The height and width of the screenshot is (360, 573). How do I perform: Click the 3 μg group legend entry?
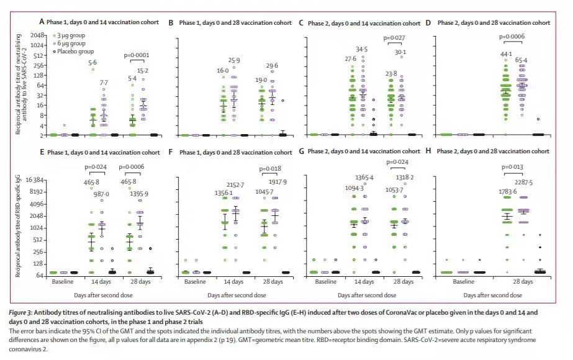[70, 36]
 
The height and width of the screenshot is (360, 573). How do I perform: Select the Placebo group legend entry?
[74, 52]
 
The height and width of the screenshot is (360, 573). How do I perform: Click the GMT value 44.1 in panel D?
[496, 53]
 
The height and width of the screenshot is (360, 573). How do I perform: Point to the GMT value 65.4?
[525, 60]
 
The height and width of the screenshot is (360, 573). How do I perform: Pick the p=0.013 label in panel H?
[514, 166]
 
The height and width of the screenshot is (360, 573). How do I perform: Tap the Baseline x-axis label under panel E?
[67, 281]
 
